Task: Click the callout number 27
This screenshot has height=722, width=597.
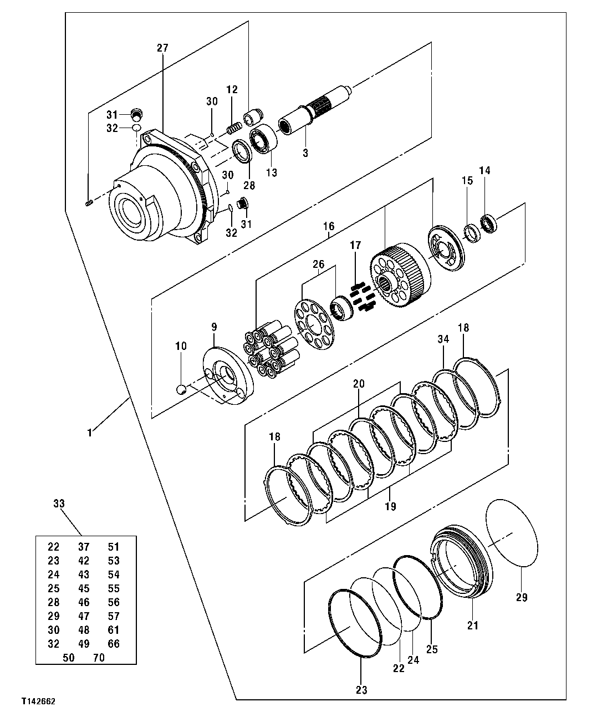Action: [x=162, y=48]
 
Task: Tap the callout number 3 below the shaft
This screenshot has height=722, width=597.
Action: [x=305, y=152]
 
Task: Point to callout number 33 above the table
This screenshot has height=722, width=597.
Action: [x=59, y=504]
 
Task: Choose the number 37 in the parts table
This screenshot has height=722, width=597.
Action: [x=84, y=547]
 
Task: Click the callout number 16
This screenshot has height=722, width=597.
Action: [x=329, y=226]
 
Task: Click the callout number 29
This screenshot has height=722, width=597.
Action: [x=521, y=597]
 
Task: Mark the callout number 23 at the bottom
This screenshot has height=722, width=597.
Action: [x=361, y=690]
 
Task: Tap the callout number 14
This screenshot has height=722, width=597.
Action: [x=484, y=171]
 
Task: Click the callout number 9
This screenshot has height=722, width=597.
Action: [x=214, y=327]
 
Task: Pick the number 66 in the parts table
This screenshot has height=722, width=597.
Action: [x=113, y=644]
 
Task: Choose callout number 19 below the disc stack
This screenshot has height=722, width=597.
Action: [x=390, y=506]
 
